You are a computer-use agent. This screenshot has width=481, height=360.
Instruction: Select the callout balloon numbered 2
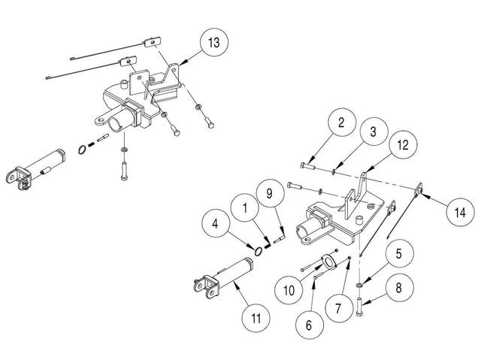tap(341, 123)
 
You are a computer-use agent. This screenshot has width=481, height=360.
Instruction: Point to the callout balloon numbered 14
tap(456, 213)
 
